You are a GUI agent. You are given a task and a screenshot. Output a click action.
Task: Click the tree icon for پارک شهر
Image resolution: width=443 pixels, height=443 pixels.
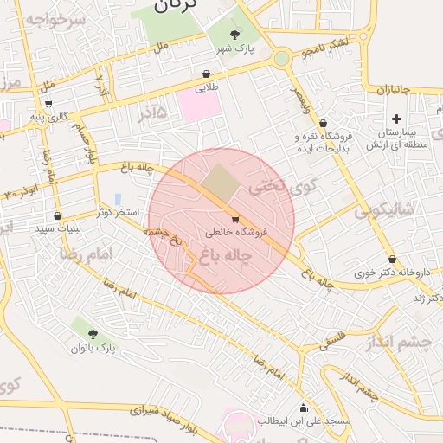pos(235,35)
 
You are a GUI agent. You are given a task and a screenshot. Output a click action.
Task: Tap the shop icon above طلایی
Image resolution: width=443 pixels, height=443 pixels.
pos(206,74)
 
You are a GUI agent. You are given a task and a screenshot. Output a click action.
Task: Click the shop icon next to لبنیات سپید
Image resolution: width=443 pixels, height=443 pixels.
pos(58,215)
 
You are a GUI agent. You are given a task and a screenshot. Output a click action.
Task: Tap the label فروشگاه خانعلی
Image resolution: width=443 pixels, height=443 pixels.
pos(238,232)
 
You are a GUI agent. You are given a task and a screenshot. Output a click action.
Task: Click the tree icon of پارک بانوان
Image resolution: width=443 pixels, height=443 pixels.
pos(93,333)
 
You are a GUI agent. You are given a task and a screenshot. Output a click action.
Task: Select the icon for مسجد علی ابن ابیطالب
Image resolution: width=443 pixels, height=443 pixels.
pos(303,408)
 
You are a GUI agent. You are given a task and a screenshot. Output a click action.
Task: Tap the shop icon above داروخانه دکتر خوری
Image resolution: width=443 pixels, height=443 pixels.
pos(393,259)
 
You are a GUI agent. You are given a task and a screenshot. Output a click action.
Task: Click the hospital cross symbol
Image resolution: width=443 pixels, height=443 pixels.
pos(396,119)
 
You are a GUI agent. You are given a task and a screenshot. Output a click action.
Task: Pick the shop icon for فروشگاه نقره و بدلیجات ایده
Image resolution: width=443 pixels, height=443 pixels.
pos(323,124)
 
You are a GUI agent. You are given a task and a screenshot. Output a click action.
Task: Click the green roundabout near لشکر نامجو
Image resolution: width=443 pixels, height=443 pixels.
pos(281,59)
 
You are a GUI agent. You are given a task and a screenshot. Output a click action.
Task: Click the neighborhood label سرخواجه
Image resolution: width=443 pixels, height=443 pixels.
pos(51,19)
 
